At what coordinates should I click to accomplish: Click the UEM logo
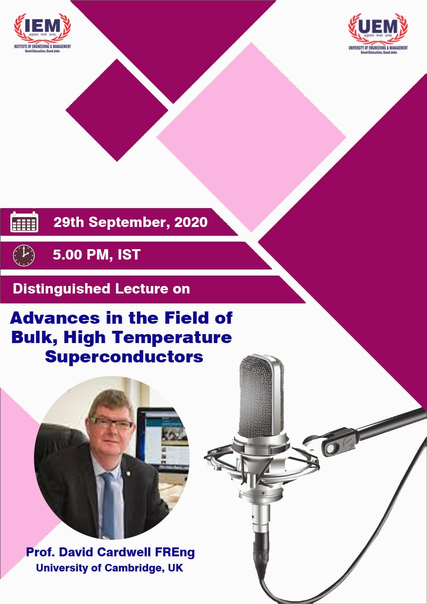pyautogui.click(x=377, y=33)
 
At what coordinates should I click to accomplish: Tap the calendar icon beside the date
pyautogui.click(x=24, y=221)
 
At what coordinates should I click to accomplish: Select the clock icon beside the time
pyautogui.click(x=24, y=255)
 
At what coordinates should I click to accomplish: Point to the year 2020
pyautogui.click(x=191, y=222)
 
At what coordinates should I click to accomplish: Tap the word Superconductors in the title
pyautogui.click(x=124, y=356)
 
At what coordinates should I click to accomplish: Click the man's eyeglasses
pyautogui.click(x=112, y=423)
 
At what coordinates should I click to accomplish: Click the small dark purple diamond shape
pyautogui.click(x=117, y=110)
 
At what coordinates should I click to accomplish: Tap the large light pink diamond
pyautogui.click(x=251, y=137)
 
